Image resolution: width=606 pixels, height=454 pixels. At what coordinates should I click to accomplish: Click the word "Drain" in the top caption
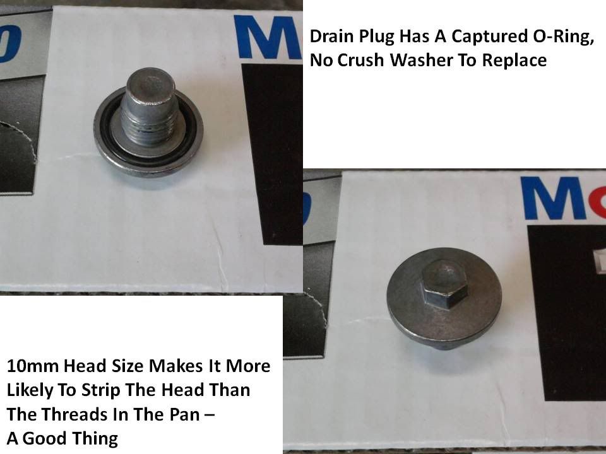click(x=331, y=37)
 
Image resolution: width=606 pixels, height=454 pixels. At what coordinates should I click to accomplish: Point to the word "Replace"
click(x=514, y=61)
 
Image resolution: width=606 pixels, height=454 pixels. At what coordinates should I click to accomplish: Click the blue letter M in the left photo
click(x=268, y=37)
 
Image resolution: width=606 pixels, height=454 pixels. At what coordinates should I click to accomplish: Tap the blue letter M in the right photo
click(x=553, y=199)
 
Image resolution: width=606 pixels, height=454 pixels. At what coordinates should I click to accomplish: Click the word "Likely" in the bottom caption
click(x=30, y=390)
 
